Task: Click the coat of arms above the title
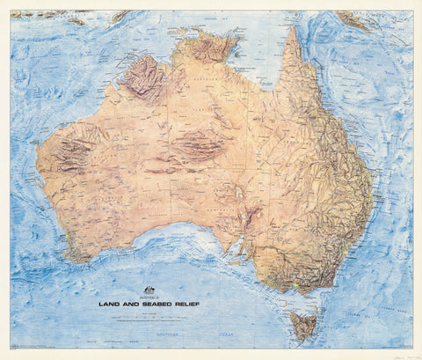(x=149, y=290)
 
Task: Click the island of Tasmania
(x=304, y=325)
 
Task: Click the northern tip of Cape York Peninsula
(x=292, y=32)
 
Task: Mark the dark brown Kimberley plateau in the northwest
(x=145, y=78)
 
